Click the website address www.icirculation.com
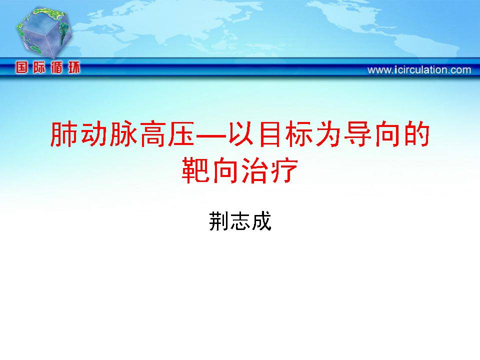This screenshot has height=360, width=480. [x=419, y=70]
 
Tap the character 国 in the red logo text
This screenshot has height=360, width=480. [x=21, y=67]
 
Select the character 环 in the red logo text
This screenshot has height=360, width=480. [x=74, y=67]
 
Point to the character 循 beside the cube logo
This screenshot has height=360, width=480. [x=56, y=67]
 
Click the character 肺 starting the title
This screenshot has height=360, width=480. [x=63, y=134]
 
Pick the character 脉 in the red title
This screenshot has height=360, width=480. [x=123, y=134]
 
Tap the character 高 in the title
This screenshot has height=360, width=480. [x=153, y=134]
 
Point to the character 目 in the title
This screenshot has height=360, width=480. [x=271, y=134]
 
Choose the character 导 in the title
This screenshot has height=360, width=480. [x=358, y=134]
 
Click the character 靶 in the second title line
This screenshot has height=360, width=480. [x=195, y=170]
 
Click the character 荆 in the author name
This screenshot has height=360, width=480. [x=219, y=221]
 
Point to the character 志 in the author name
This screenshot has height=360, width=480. [x=240, y=221]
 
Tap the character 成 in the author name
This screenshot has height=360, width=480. [x=261, y=221]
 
